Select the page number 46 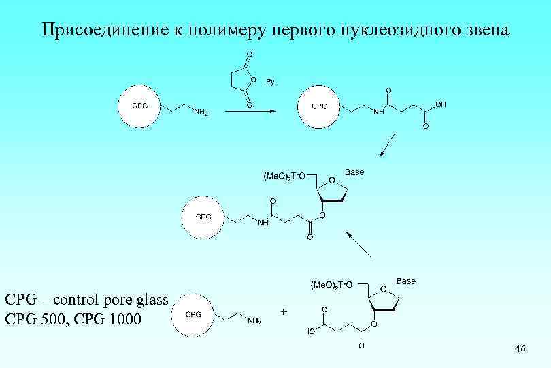coord(520,350)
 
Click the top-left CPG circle coord(139,106)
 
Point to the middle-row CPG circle coord(203,217)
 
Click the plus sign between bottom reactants coord(283,311)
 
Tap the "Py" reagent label coord(269,81)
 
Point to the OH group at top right coord(441,104)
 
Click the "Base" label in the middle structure coord(354,172)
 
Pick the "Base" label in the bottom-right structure coord(405,280)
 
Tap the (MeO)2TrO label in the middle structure coord(284,177)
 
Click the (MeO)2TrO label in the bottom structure coord(331,285)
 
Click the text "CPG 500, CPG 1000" coord(73,318)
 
